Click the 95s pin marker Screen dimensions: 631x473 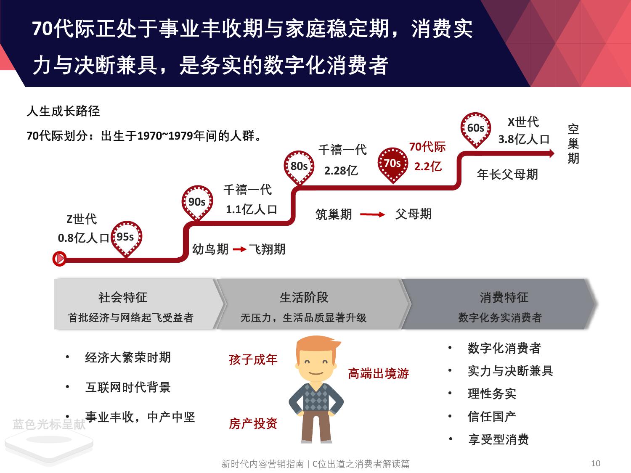(x=126, y=238)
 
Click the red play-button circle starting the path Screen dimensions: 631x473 (x=59, y=259)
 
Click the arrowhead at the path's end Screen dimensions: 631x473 (x=551, y=153)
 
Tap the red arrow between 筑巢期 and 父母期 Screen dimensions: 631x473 (x=373, y=214)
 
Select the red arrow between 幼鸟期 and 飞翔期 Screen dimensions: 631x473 (x=239, y=249)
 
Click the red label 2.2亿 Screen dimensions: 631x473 (x=428, y=166)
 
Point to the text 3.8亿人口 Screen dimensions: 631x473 (x=524, y=139)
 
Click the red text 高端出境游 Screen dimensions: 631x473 (x=378, y=373)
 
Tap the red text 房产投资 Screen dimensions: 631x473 (x=253, y=423)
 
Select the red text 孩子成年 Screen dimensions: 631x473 (x=253, y=359)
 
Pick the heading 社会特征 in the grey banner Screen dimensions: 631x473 (x=123, y=297)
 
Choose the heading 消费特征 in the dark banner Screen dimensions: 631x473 (x=504, y=297)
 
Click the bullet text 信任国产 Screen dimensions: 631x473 (x=492, y=417)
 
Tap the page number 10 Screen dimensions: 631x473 (x=596, y=463)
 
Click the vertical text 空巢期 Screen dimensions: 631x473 (x=573, y=144)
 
